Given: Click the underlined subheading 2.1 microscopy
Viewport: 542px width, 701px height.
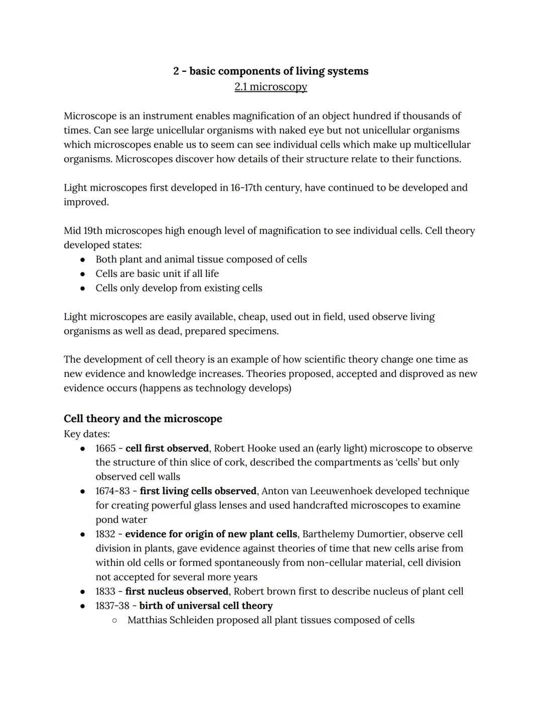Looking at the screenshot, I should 270,87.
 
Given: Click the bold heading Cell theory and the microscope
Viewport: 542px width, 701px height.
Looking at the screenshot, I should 143,418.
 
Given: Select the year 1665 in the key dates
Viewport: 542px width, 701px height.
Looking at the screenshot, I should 105,448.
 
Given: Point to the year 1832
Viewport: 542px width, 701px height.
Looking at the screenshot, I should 105,534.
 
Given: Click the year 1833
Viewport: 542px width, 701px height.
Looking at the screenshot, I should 105,591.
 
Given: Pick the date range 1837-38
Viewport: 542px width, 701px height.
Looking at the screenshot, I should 112,606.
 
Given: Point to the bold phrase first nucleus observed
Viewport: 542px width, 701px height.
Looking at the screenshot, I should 177,591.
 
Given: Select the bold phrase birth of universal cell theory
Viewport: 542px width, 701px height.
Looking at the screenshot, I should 206,606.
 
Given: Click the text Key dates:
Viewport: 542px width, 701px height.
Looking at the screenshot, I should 87,434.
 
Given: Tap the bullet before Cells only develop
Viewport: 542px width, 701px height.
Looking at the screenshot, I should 83,289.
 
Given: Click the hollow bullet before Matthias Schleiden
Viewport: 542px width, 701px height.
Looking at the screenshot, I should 115,620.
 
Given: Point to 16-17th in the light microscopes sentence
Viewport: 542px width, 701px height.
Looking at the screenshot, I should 245,188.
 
